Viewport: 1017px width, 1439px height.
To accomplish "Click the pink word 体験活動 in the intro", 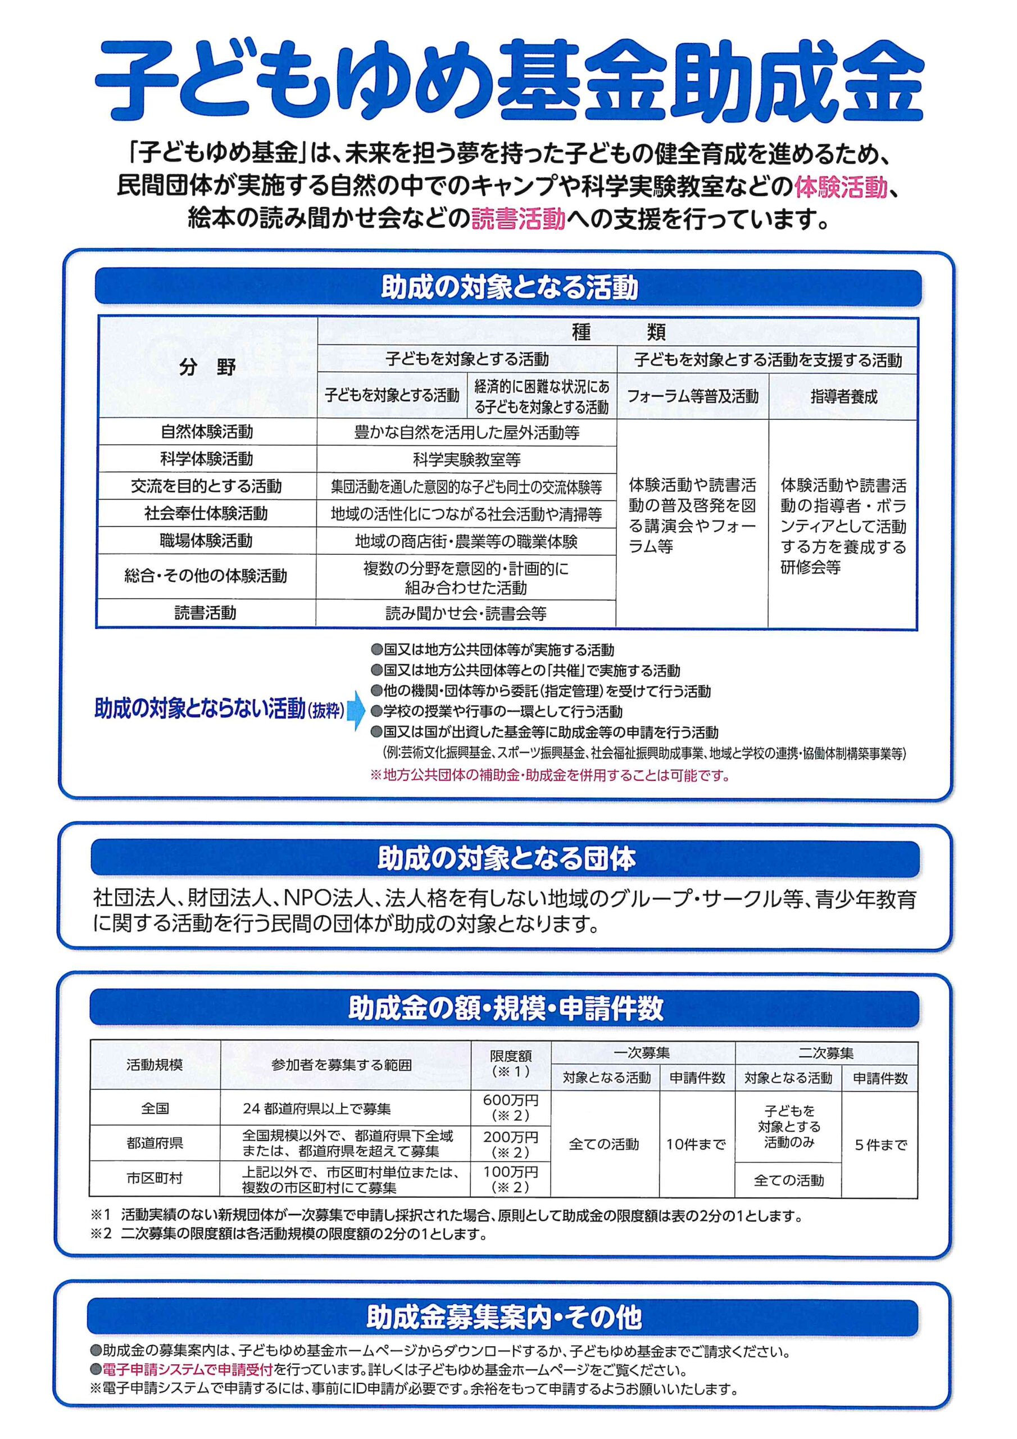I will (841, 187).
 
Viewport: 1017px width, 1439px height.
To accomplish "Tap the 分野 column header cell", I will (207, 368).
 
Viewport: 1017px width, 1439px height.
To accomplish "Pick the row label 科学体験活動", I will (206, 459).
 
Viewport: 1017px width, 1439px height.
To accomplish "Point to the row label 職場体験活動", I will (206, 540).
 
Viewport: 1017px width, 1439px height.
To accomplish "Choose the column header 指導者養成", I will (843, 397).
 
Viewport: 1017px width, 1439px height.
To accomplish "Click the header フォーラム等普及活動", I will (692, 397).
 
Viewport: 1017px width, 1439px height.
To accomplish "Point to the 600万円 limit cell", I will (510, 1107).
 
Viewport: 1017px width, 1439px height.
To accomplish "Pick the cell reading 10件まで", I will (696, 1144).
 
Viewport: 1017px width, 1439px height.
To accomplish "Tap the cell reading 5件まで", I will (880, 1145).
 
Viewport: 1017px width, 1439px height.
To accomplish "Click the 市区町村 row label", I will (155, 1179).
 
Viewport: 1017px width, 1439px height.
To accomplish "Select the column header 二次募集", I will (826, 1053).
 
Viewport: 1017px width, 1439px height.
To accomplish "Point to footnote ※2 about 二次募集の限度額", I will (288, 1234).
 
